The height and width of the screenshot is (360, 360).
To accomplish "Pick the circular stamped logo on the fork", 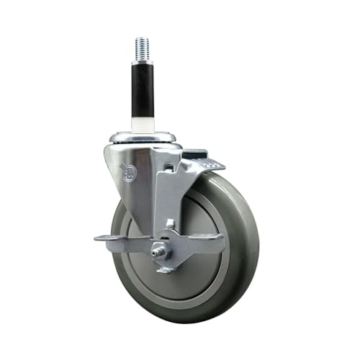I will [x=129, y=173].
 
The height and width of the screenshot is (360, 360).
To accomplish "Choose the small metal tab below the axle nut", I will [x=164, y=269].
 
